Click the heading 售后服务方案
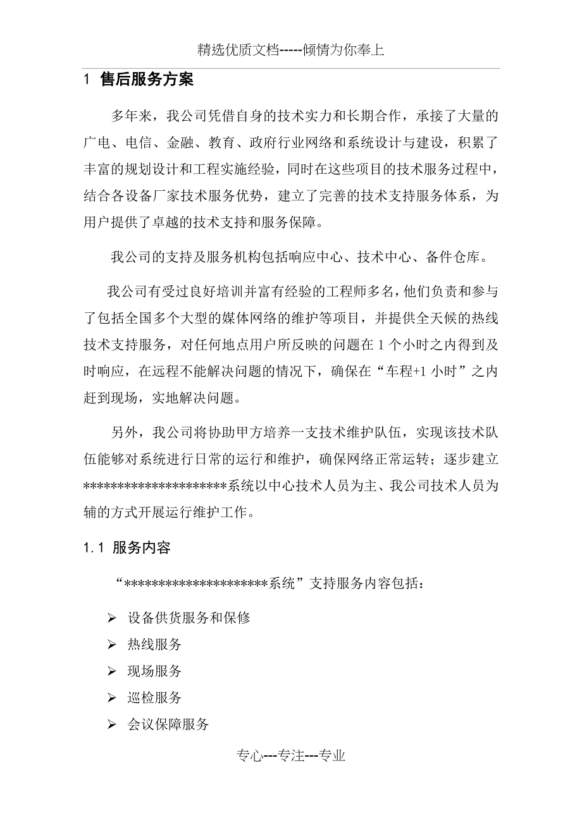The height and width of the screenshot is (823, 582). [x=147, y=80]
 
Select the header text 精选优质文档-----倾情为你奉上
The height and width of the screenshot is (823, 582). [x=291, y=50]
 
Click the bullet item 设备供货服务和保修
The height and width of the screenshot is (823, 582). [x=189, y=618]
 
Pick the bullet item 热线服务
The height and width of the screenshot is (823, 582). [x=154, y=644]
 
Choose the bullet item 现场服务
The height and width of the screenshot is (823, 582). [x=154, y=671]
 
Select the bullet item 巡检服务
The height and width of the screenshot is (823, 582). [x=154, y=697]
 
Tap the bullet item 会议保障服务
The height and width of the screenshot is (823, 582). [x=168, y=724]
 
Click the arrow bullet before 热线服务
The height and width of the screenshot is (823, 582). [x=112, y=645]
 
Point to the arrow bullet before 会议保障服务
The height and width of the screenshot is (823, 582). [x=112, y=725]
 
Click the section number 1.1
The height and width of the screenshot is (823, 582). [x=94, y=548]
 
